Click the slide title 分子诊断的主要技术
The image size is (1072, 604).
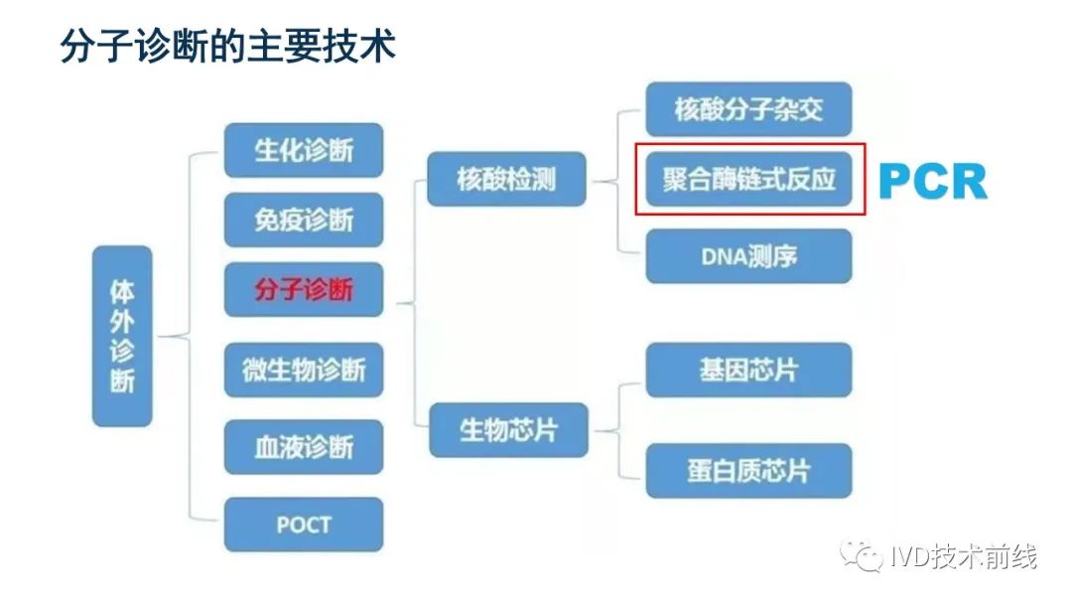click(228, 45)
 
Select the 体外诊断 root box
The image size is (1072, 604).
click(122, 336)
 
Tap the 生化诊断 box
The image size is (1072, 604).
click(304, 150)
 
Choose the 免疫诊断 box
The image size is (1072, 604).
click(304, 220)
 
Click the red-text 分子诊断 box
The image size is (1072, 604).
click(304, 290)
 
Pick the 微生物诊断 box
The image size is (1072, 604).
click(304, 370)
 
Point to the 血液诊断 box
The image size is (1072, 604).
click(304, 447)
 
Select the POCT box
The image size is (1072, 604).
click(304, 524)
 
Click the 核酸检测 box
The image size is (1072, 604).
click(506, 179)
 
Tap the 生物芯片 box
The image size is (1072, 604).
click(508, 430)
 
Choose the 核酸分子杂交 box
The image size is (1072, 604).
click(748, 109)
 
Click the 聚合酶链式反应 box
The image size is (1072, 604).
click(748, 179)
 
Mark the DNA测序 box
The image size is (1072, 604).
click(748, 256)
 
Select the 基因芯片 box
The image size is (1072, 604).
click(748, 371)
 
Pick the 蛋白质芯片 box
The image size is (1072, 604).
click(748, 471)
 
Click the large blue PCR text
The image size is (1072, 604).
click(933, 182)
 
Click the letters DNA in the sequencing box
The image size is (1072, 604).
click(723, 256)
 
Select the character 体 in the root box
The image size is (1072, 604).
click(122, 292)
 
